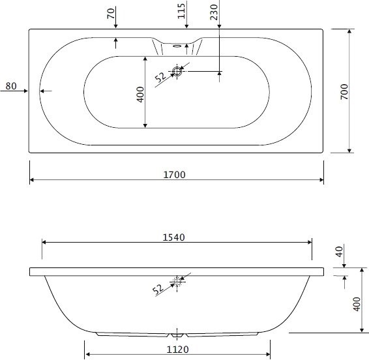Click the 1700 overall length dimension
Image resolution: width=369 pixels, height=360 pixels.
(x=174, y=175)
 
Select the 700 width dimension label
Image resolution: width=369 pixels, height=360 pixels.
(x=344, y=91)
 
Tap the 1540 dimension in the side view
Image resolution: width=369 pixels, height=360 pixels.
(x=173, y=237)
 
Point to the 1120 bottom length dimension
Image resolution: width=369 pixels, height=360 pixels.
(x=178, y=350)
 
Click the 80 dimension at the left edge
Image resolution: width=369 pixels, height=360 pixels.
(x=11, y=86)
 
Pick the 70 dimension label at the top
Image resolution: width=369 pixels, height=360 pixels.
(x=111, y=14)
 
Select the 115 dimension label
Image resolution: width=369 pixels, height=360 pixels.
(x=181, y=11)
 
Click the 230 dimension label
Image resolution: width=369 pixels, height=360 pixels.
(x=214, y=12)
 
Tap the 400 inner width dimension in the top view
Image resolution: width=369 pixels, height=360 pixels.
(x=140, y=95)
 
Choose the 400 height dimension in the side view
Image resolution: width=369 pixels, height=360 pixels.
(x=357, y=304)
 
